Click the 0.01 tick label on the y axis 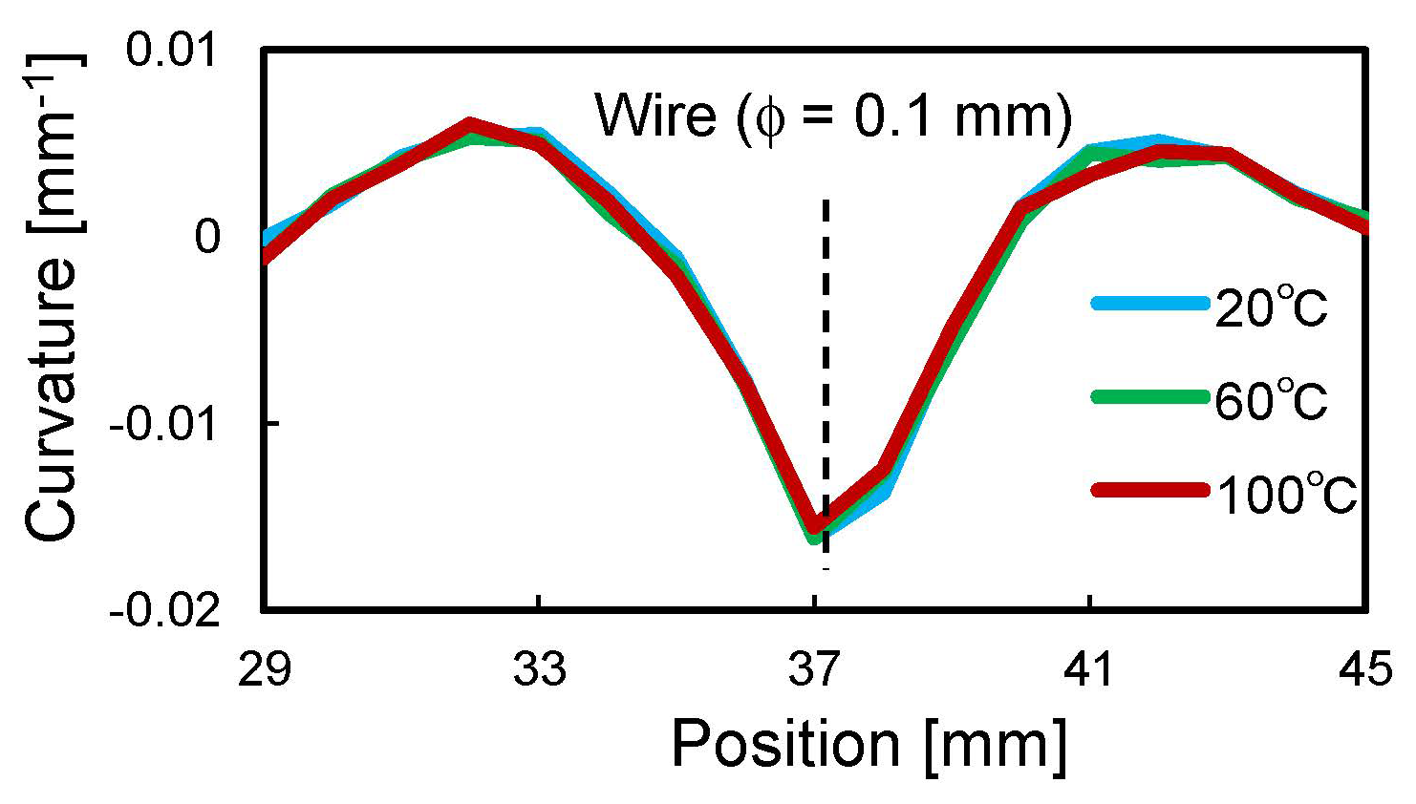click(x=173, y=49)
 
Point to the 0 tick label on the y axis click(x=207, y=236)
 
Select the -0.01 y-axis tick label click(x=165, y=423)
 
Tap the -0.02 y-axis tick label click(x=165, y=610)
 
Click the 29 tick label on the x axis click(x=265, y=669)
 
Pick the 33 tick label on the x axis click(x=540, y=669)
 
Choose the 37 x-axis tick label click(x=814, y=669)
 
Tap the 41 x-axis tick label click(x=1089, y=669)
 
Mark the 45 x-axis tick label click(x=1364, y=669)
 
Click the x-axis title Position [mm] click(x=869, y=745)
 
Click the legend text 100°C click(x=1286, y=495)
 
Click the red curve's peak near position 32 click(x=469, y=124)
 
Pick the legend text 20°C click(x=1272, y=308)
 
